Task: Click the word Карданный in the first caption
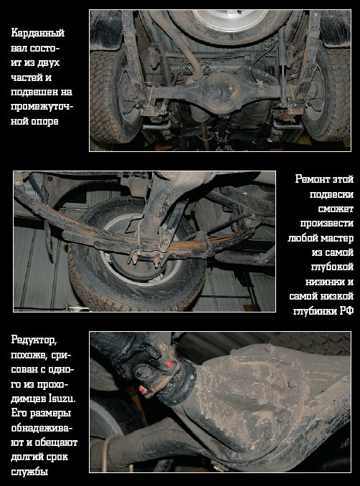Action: (37, 33)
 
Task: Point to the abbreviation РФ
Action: (346, 311)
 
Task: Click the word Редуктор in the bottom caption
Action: (34, 340)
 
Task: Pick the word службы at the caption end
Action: (29, 472)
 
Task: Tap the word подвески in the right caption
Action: (331, 194)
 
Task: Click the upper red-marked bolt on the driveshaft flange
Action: (169, 363)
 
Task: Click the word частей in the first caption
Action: (27, 77)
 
